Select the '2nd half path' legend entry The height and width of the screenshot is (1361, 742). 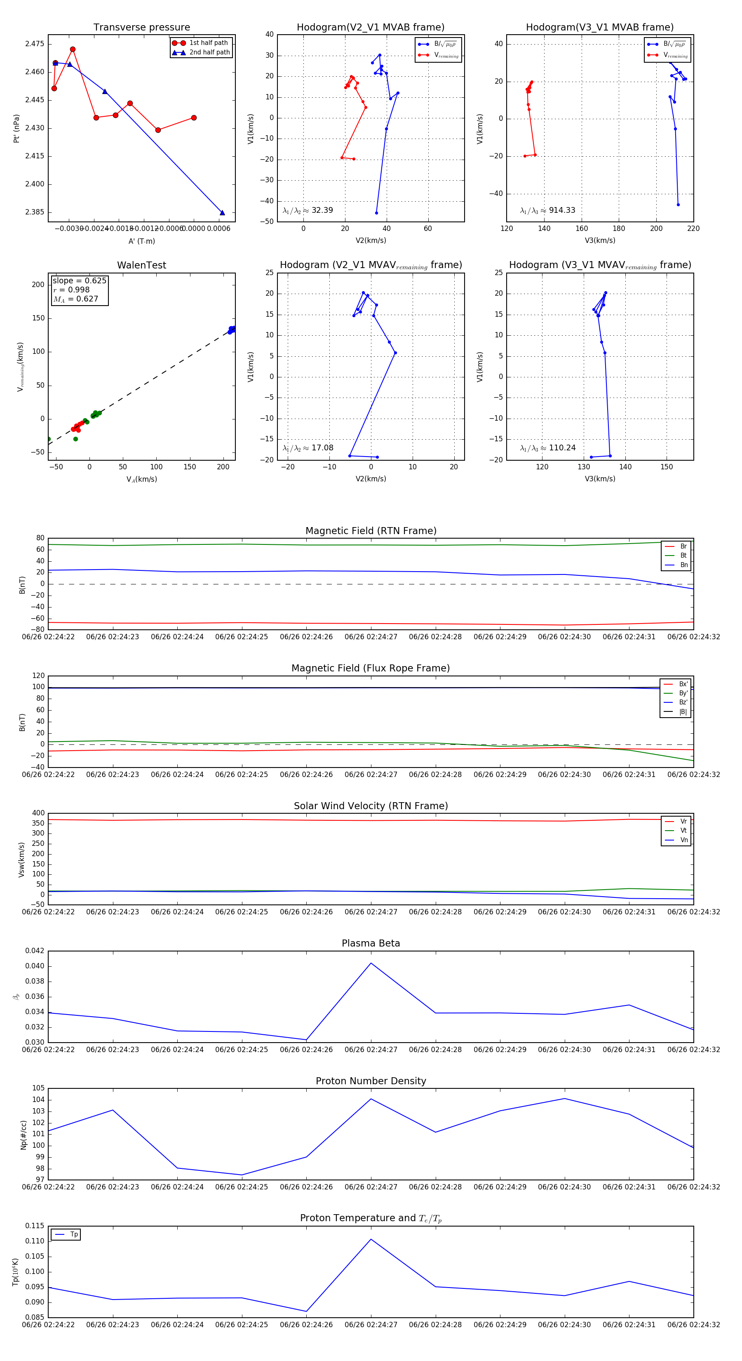(209, 52)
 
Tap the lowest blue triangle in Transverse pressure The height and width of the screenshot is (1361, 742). (222, 213)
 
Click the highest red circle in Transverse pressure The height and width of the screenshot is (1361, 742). (73, 49)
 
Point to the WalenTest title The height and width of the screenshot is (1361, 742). (141, 265)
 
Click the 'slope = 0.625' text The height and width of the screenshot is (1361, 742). (79, 280)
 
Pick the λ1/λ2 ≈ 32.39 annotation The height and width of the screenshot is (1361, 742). (308, 210)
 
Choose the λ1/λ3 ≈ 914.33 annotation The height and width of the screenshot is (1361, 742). (548, 210)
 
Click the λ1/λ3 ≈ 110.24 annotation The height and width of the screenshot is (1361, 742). (548, 448)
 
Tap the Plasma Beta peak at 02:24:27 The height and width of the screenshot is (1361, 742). (371, 963)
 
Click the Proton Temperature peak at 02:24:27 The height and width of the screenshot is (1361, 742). (371, 1239)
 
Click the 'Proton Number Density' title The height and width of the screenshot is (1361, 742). (371, 1081)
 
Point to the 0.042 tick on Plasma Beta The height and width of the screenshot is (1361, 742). (35, 951)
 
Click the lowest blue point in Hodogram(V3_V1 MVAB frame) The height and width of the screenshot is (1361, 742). (678, 205)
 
